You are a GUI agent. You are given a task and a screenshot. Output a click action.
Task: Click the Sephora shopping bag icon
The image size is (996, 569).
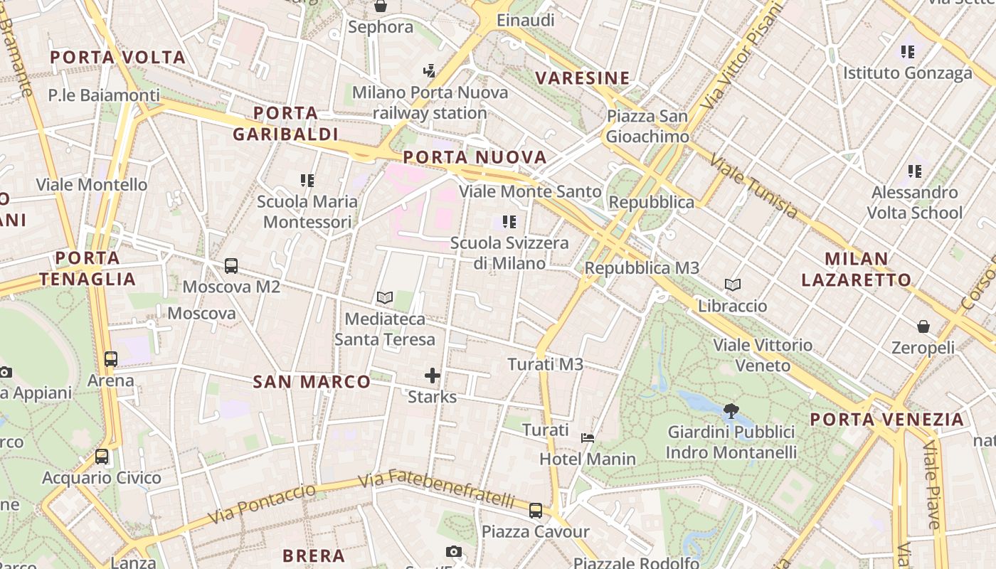pos(381,6)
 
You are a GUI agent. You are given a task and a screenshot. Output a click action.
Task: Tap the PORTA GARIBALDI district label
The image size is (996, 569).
pos(285,124)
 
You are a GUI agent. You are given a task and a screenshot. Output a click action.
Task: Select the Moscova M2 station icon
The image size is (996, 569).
pos(231,266)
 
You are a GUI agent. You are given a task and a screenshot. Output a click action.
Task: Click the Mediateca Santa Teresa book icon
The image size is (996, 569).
pos(385,297)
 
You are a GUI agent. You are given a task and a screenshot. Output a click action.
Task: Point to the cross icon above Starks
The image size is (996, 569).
pos(433,375)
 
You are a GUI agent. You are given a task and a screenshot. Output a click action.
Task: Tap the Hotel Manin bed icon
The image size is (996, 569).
pos(588,438)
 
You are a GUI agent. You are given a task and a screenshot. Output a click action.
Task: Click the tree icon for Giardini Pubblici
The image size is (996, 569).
pos(730,410)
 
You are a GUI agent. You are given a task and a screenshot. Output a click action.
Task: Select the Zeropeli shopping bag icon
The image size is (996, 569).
pos(923,326)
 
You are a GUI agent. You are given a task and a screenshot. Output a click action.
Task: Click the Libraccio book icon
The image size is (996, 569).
pos(733,285)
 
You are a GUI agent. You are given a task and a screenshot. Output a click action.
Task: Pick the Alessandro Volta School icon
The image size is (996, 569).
pos(915,171)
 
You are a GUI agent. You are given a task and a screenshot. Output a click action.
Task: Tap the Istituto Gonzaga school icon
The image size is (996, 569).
pos(908,51)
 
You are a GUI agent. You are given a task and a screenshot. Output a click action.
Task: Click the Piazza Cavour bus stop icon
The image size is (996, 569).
pos(536,511)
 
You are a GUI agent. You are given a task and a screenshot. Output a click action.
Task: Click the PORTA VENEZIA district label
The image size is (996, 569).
pos(887,420)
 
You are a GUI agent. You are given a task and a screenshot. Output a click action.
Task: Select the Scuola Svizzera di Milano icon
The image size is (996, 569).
pos(509,222)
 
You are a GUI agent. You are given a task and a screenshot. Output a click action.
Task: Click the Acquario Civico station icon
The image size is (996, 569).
pos(102,457)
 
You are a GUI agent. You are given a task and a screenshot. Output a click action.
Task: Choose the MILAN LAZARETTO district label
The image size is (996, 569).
pos(856,269)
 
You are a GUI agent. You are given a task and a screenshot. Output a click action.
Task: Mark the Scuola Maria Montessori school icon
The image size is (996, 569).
pos(307,181)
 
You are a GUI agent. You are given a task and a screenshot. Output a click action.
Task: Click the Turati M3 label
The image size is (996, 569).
pos(545,364)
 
